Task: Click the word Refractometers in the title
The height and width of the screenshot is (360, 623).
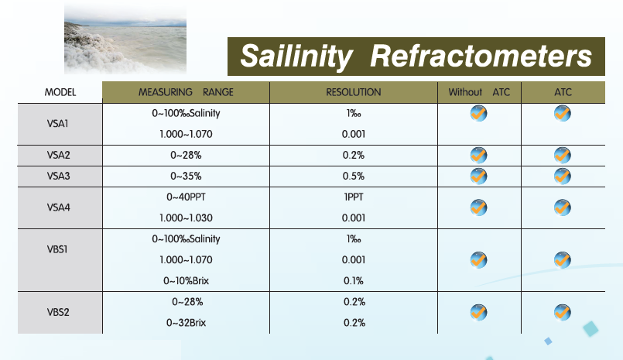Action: pos(481,56)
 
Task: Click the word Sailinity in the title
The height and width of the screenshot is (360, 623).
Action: pos(296,57)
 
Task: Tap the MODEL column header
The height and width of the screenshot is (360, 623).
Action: pos(60,92)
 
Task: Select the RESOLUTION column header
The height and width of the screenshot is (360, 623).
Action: pos(353,92)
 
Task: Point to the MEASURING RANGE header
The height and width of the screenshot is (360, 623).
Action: pos(186,92)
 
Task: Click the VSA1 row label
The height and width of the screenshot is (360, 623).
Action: pos(57,124)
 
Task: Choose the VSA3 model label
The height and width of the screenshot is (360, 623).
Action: pos(58,176)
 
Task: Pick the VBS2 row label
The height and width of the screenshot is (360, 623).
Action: pos(58,312)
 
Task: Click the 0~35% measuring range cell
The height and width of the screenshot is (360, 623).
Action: pos(186,176)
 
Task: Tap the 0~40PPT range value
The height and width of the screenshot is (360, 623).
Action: pos(186,197)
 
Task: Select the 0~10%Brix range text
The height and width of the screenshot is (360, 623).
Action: pos(186,281)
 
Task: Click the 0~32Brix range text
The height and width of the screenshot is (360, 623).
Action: pos(186,323)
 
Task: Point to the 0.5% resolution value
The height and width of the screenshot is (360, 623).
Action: pos(353,176)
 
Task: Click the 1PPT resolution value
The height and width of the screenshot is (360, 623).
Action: pos(354,197)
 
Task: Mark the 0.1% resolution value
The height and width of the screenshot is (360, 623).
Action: pos(353,281)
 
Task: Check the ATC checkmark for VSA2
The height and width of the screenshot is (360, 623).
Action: pos(562,155)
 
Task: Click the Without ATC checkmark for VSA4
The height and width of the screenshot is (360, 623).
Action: pos(478,207)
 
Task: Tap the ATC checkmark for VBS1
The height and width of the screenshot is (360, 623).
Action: pos(562,260)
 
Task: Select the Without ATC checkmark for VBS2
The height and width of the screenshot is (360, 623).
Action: pos(478,312)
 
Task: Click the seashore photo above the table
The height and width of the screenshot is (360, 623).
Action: pos(125,39)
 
